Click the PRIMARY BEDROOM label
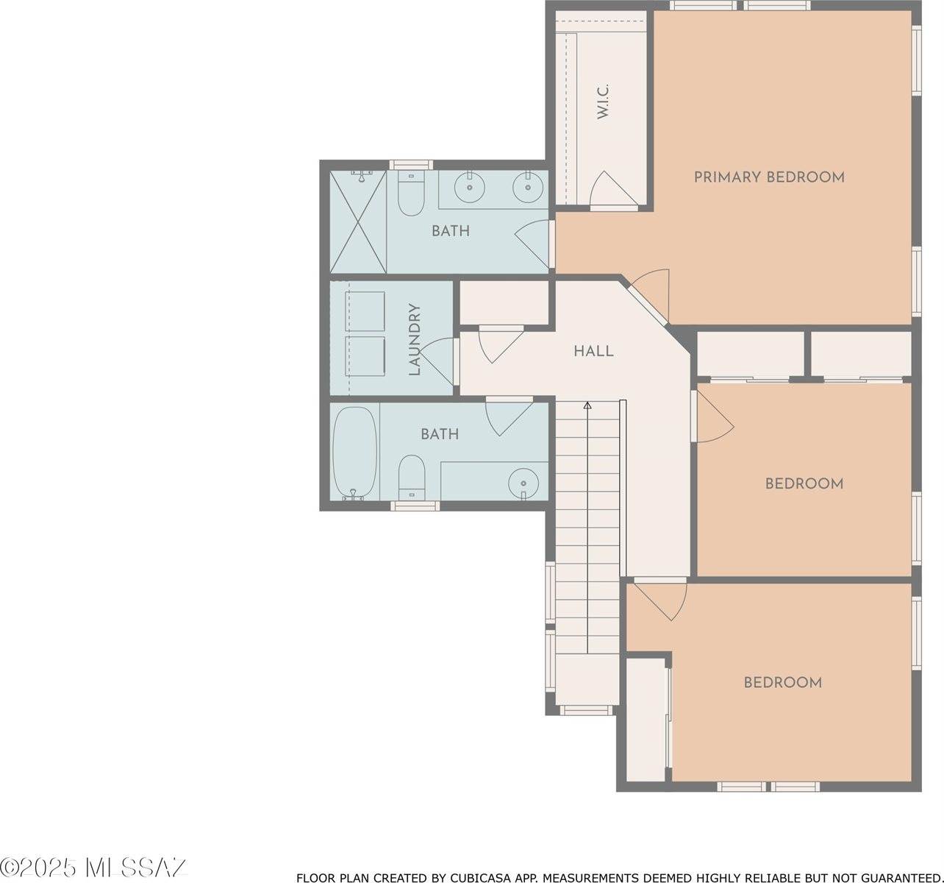769,177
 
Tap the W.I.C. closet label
603,102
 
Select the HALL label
593,352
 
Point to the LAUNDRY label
415,340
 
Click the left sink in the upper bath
468,187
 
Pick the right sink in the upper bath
527,187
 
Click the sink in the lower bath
523,482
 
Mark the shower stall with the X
357,221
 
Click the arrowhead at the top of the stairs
587,405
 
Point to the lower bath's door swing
507,416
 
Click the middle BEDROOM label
804,483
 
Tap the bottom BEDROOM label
782,682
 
